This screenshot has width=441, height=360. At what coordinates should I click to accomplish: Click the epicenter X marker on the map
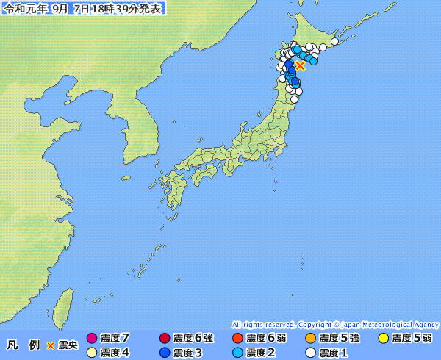(x=300, y=65)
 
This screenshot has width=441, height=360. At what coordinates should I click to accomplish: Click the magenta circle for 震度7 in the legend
(x=92, y=338)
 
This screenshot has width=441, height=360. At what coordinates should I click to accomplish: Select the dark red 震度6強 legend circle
(x=165, y=338)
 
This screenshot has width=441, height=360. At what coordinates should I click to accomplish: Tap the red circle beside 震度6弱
(x=237, y=338)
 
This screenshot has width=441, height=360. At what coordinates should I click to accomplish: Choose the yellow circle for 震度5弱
(x=383, y=338)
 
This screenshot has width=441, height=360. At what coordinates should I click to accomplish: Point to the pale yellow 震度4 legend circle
(x=92, y=353)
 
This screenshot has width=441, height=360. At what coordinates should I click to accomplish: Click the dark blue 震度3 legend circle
(x=165, y=353)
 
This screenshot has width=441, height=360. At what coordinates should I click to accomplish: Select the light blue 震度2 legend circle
(x=237, y=353)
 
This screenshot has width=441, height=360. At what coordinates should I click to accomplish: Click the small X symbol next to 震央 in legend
(x=51, y=345)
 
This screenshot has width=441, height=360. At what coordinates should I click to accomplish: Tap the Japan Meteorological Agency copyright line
(x=335, y=324)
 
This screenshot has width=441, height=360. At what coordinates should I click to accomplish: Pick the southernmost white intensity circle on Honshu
(x=294, y=98)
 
